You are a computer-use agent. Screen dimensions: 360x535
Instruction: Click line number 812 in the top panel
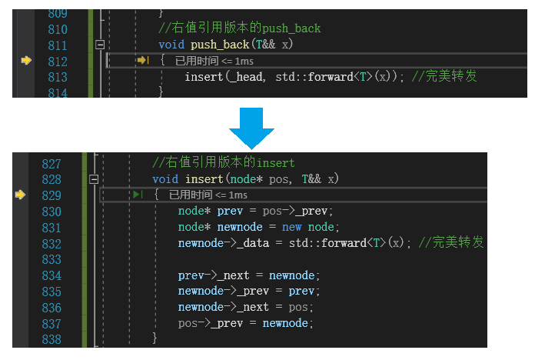click(57, 61)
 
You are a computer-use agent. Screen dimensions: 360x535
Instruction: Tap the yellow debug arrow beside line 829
click(21, 195)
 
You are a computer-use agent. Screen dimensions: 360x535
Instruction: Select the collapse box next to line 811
click(99, 45)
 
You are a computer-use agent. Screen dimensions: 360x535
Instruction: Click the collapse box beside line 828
click(94, 179)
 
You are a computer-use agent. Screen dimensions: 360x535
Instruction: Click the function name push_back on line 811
click(221, 45)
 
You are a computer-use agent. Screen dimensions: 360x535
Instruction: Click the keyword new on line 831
click(291, 227)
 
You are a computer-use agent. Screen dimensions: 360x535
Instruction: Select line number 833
click(51, 259)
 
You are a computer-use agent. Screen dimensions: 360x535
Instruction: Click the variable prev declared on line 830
click(230, 211)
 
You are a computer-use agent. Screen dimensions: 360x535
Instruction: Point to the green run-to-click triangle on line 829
click(138, 195)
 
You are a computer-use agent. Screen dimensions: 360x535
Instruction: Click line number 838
click(51, 339)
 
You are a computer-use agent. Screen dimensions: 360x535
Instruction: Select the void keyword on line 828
click(164, 179)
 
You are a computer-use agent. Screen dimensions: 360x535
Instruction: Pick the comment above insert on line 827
click(224, 163)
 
